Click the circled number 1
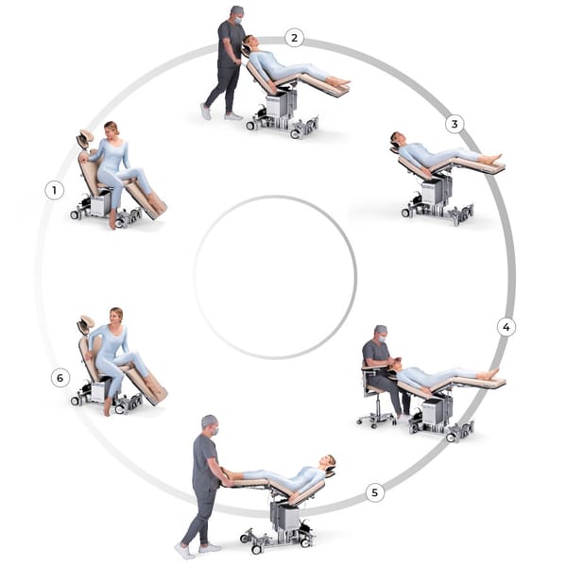55,190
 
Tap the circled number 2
294,38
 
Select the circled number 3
455,124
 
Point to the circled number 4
507,327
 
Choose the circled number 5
374,492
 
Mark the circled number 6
60,378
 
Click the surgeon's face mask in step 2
238,21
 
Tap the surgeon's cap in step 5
210,421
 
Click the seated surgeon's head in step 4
381,333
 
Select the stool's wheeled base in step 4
375,421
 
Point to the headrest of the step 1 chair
86,138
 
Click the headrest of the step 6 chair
86,323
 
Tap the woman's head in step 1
112,129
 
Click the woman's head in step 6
116,316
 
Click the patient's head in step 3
397,139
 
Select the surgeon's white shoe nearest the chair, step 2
233,116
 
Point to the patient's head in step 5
328,462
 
